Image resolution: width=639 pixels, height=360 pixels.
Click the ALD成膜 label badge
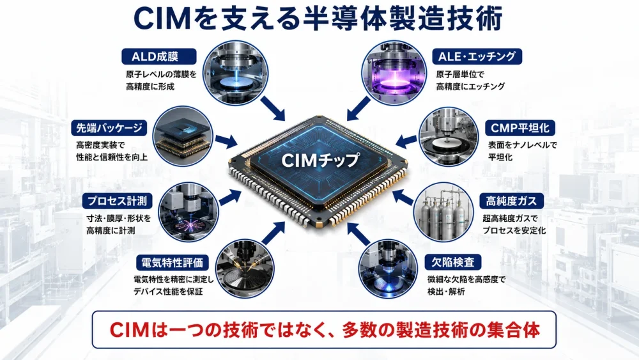point(159,56)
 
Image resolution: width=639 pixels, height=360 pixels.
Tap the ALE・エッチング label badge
point(477,56)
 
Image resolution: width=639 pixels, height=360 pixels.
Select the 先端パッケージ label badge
point(109,128)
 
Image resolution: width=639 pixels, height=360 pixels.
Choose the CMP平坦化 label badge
point(520,128)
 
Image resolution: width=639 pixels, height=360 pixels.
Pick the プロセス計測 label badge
point(118,201)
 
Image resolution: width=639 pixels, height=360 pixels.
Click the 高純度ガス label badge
point(511,201)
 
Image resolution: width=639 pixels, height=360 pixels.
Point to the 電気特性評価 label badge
point(173,263)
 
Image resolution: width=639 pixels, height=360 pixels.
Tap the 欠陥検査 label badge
point(453,262)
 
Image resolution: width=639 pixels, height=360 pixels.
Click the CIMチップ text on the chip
point(321,160)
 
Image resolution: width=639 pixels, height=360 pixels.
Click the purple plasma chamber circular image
point(393,72)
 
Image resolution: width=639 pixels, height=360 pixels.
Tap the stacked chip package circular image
point(183,136)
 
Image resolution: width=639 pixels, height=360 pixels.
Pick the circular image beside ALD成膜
point(236,72)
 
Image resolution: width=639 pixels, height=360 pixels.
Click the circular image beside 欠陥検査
point(388,269)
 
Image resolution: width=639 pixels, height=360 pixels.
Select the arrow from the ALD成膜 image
point(273,109)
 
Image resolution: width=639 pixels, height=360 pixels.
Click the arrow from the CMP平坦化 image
point(406,141)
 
